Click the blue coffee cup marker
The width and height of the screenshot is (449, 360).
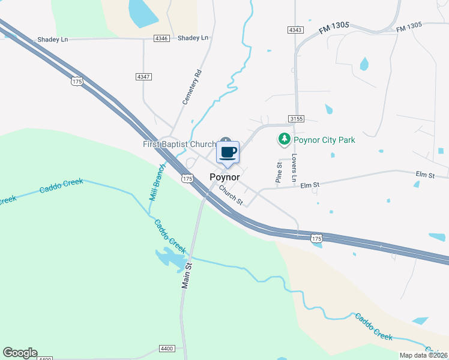point(228,152)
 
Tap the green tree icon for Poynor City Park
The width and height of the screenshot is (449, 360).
point(284,140)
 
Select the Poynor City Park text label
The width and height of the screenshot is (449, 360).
point(324,140)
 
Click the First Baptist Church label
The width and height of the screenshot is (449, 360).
point(179,145)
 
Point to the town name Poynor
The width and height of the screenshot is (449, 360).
point(225,177)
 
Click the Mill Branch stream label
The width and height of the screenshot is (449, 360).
point(156,182)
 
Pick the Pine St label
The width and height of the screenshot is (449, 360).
point(279,172)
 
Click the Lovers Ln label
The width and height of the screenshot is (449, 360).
point(294,167)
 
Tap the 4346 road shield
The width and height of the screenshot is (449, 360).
point(161,38)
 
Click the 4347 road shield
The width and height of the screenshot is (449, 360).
point(143,77)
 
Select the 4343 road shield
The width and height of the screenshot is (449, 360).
point(295,29)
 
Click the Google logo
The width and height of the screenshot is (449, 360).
point(20,353)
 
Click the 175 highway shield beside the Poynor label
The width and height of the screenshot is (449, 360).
point(187,179)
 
